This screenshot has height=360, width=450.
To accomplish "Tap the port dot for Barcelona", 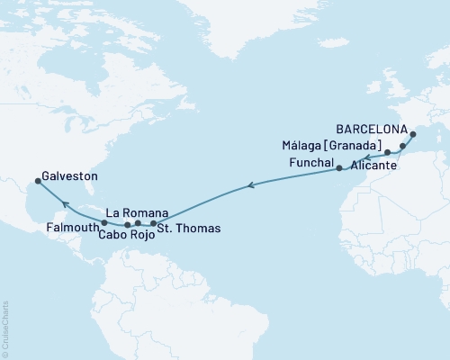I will point(413,136).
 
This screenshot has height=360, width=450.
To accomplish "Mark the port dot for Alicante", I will point(402,146).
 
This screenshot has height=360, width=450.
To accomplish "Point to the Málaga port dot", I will point(387,153).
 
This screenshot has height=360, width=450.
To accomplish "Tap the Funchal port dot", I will point(339,167).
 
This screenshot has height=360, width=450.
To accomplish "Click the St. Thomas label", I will point(188,229).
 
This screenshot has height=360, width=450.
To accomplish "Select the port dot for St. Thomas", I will point(154,222).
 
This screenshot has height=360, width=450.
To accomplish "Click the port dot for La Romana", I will point(138,222).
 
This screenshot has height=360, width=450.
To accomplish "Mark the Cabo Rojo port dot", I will point(127,224).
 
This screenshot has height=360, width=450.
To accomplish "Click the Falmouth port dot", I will point(104,222).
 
